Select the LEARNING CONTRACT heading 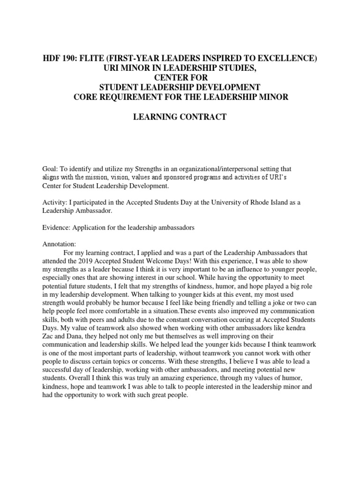click(x=180, y=117)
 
